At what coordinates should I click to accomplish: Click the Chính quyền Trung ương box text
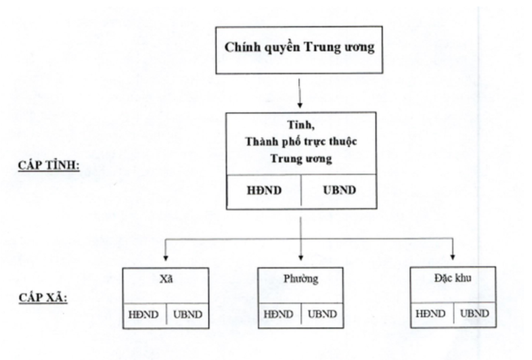point(299,47)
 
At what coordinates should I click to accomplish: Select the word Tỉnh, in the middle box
point(301,125)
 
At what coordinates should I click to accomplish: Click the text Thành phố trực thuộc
point(301,142)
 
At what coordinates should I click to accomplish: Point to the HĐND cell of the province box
point(264,190)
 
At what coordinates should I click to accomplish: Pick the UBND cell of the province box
point(339,190)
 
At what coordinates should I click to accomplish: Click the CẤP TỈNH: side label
point(49,165)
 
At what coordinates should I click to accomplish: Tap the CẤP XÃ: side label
point(43,298)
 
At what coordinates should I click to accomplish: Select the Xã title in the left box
point(166,279)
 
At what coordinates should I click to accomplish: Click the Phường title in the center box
point(300,279)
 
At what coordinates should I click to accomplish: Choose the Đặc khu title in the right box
point(453,278)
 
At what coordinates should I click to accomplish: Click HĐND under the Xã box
point(144,314)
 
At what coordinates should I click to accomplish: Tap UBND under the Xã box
point(188,314)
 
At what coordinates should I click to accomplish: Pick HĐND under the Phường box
point(279,314)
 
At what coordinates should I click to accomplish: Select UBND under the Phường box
point(322,314)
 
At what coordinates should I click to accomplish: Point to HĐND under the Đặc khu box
point(431,314)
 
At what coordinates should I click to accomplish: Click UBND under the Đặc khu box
point(475,314)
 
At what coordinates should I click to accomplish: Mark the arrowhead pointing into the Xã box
point(166,258)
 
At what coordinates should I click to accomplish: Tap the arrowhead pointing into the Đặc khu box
point(452,257)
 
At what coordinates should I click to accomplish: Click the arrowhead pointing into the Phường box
point(300,258)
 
